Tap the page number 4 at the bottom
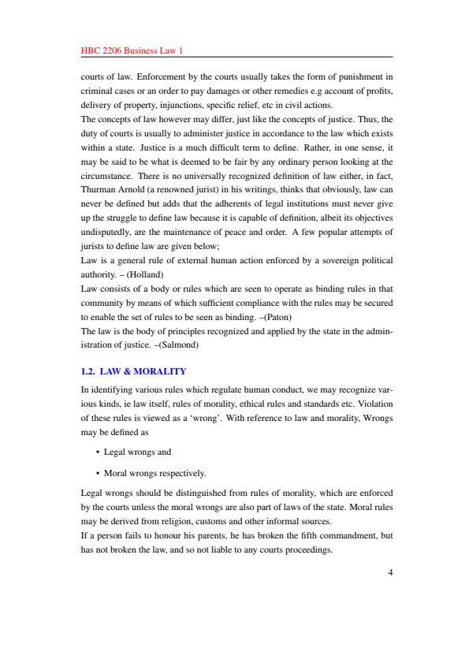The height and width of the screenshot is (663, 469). pos(389,573)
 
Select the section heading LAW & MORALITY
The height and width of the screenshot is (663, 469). pos(147,371)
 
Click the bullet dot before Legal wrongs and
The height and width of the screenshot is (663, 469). pos(96,453)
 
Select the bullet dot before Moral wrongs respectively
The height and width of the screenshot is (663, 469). pos(96,474)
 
